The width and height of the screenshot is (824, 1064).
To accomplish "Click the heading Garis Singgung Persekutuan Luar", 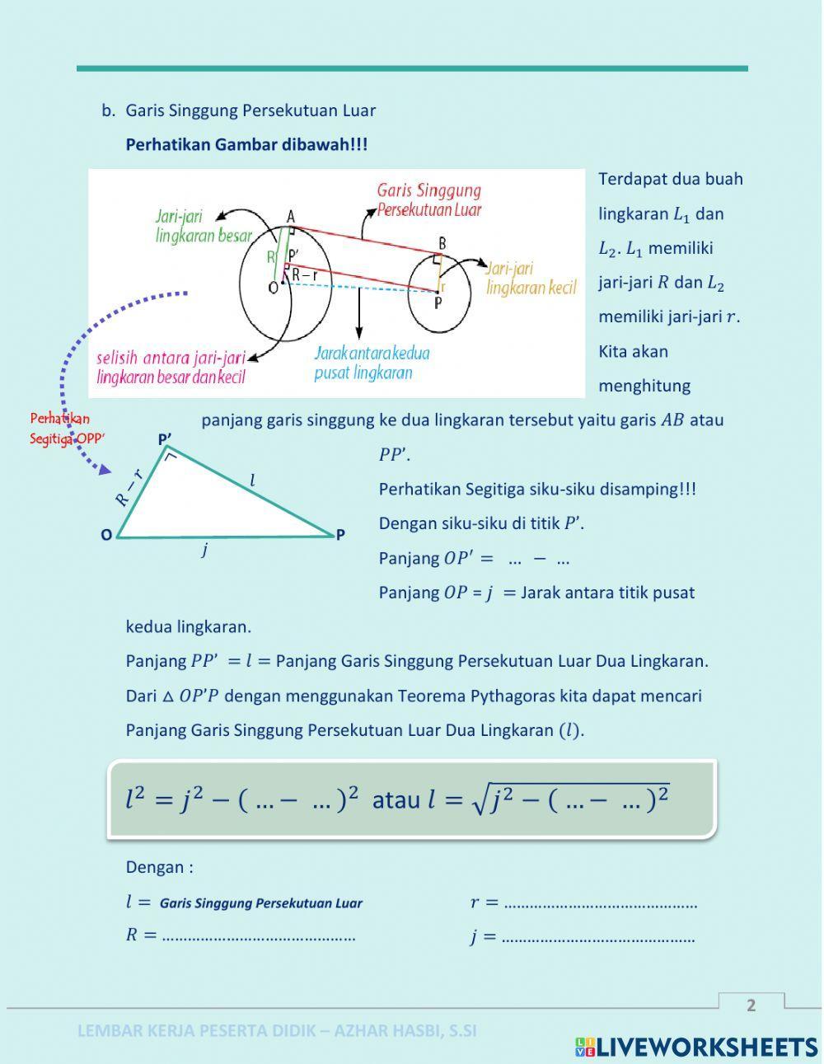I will coord(250,110).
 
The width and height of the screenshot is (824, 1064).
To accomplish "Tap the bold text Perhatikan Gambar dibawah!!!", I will coord(246,145).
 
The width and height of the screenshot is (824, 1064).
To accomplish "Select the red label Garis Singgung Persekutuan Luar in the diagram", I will coord(428,200).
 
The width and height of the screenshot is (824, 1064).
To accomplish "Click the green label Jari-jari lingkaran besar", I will coord(203,227).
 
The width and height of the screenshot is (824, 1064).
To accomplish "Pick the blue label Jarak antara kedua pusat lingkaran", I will coord(372,363).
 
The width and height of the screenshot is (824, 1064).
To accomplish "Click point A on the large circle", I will coord(290,217).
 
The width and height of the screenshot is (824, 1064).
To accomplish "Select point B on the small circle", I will coord(442,243).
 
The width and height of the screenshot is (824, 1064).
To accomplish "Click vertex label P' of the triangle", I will coord(165,440).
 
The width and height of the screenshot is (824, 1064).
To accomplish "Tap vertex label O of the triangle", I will coord(106,536).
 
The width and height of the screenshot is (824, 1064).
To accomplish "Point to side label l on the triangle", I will coord(252,480).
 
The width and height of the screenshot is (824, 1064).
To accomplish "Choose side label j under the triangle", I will coord(204,550).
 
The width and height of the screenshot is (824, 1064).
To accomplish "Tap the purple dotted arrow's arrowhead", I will coord(104,470).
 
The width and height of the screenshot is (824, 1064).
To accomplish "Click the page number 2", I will coord(751,1005).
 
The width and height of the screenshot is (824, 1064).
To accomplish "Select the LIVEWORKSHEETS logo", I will coord(696,1047).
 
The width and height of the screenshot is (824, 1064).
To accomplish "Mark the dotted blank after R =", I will coord(259,936).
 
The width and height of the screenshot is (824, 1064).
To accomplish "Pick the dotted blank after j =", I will coord(598,938).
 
